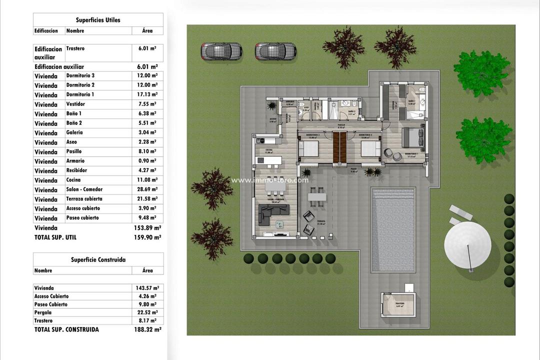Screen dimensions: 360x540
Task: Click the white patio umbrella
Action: coord(467,245)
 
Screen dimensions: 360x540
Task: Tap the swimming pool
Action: coord(393,229)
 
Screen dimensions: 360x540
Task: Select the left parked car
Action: coord(221,50)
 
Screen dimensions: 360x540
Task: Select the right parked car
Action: coord(275,50)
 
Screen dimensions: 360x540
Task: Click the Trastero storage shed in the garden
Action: coord(398,304)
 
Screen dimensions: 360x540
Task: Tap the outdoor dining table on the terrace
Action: coord(316,196)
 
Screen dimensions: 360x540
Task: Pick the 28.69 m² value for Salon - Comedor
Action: coord(147,189)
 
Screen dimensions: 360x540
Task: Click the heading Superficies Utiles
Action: coord(98,20)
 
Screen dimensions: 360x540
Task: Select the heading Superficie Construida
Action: coord(98,259)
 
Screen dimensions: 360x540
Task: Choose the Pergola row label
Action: coord(43,312)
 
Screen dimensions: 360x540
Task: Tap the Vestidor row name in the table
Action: coord(75,104)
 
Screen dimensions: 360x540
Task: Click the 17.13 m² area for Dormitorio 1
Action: coord(147,94)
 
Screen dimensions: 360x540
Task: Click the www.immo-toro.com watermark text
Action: coord(269,180)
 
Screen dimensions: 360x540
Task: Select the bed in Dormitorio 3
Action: coord(308,148)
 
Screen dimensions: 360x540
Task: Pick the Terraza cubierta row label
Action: coord(84,199)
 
